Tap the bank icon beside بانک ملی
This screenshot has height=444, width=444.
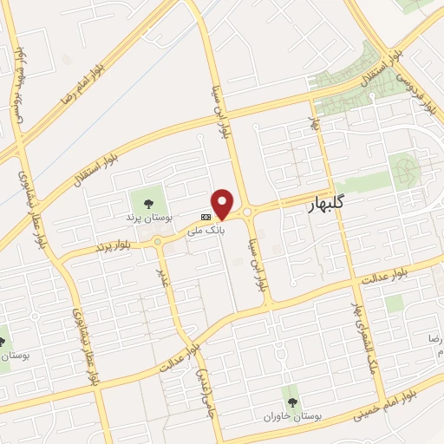206,217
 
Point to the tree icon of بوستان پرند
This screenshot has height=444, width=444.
150,203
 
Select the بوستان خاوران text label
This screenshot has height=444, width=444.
293,416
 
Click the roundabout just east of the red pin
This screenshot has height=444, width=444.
248,212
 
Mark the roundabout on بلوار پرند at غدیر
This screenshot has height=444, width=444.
157,243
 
